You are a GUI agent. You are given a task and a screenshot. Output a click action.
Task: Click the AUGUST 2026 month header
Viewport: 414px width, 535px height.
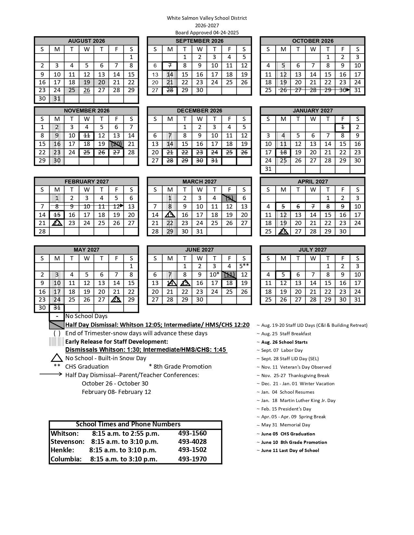coord(86,41)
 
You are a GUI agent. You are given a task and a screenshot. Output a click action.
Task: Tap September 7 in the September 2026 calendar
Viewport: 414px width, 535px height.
coord(170,66)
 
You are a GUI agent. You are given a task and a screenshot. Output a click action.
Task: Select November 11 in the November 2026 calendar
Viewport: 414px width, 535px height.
coord(86,136)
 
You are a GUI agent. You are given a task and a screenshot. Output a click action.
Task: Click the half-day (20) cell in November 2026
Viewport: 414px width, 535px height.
coord(116,144)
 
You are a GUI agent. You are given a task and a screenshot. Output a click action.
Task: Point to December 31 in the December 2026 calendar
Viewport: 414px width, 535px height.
coord(214,160)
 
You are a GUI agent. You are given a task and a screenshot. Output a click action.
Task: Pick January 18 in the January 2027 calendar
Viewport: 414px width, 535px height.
coord(283,152)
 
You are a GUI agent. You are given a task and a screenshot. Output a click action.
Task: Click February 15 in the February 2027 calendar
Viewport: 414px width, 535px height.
coord(57,215)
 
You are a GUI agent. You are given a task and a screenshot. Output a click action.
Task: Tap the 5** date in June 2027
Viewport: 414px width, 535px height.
coord(244,266)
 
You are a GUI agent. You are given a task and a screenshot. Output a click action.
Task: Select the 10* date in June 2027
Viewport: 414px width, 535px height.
coord(214,275)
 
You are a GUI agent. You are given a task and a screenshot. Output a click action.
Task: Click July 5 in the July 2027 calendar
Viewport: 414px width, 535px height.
coord(283,275)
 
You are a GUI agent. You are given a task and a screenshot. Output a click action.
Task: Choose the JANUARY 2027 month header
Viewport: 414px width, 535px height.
coord(312,111)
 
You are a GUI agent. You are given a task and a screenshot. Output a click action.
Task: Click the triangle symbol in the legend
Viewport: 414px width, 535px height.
coord(57,358)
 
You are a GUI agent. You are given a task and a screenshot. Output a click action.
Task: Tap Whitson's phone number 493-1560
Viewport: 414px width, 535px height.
coord(192,433)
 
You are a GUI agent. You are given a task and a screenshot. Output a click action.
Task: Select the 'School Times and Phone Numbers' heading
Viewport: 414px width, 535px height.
coord(128,424)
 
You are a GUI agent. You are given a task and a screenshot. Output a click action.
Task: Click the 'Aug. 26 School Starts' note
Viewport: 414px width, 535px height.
coord(284,342)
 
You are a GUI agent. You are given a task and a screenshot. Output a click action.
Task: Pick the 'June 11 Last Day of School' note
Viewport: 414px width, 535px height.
coord(290,450)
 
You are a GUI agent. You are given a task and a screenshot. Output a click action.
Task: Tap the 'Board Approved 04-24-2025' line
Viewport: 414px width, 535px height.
coord(207,32)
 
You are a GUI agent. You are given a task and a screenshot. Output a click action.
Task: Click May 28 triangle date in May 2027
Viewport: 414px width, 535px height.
coord(116,300)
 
